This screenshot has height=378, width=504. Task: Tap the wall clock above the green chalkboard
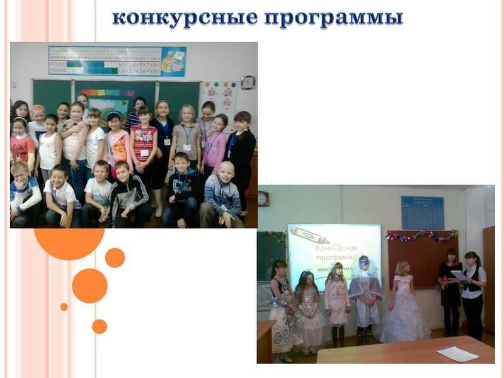pos(248,83)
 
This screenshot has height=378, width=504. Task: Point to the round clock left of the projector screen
pos(263,198)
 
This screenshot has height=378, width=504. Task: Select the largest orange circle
pos(69,243)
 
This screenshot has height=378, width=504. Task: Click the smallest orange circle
pos(64,307)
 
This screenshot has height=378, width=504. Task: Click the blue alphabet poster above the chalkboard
pos(117,61)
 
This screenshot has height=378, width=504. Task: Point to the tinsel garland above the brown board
pos(421,236)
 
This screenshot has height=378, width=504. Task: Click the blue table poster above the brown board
pos(422,212)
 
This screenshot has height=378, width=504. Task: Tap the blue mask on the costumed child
pos(364,260)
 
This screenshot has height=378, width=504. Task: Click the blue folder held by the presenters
pos(459,275)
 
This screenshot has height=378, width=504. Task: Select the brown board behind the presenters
pos(416,258)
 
